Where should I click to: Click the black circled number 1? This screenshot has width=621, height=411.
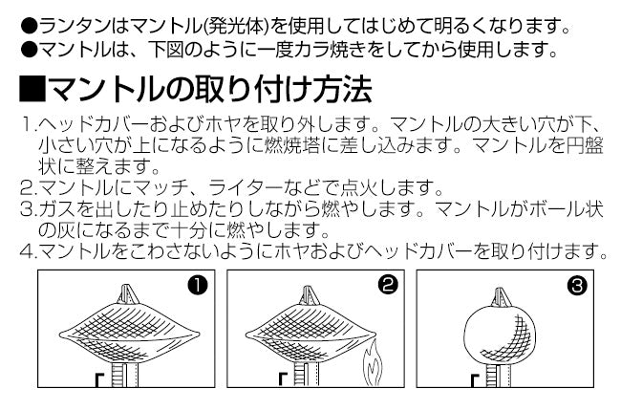point(198,285)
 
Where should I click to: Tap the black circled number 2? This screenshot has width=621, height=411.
point(387,285)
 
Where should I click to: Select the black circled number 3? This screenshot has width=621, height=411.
point(577,285)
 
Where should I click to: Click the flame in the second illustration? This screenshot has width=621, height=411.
point(374,364)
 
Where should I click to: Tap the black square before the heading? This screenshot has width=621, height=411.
point(32,90)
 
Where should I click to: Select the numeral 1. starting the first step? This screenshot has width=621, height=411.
point(30,124)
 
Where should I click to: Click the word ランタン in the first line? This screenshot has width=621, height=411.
point(75,26)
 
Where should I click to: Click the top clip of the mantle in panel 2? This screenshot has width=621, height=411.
point(309,295)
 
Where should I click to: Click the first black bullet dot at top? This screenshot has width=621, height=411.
point(29,27)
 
